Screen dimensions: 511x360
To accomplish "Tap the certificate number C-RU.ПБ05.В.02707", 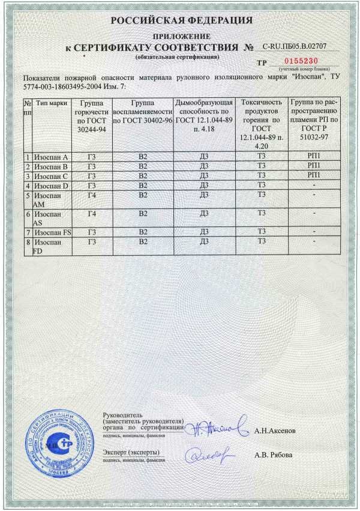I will point(296,46).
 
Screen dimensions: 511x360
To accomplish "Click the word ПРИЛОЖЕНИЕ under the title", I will point(181,37).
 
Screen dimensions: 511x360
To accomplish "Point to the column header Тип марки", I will point(51,103).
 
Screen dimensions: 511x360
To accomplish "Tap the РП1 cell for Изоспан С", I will point(313,175).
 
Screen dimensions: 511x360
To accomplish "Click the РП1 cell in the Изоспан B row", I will point(313,166).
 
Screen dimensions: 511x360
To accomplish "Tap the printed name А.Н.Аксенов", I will point(275,431).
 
